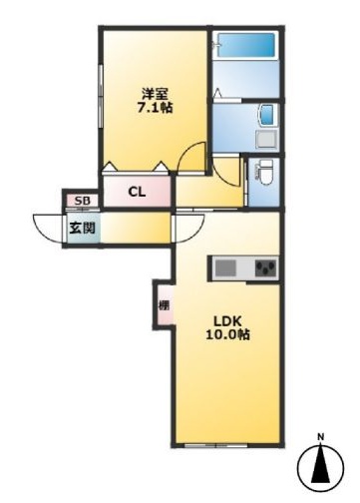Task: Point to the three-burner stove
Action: pyautogui.click(x=264, y=267)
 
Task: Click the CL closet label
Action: pyautogui.click(x=137, y=193)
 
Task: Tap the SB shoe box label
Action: pyautogui.click(x=82, y=203)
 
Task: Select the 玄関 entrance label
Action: pyautogui.click(x=81, y=229)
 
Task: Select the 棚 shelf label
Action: pyautogui.click(x=163, y=305)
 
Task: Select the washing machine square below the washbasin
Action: pyautogui.click(x=266, y=138)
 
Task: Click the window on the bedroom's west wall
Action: pyautogui.click(x=101, y=95)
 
